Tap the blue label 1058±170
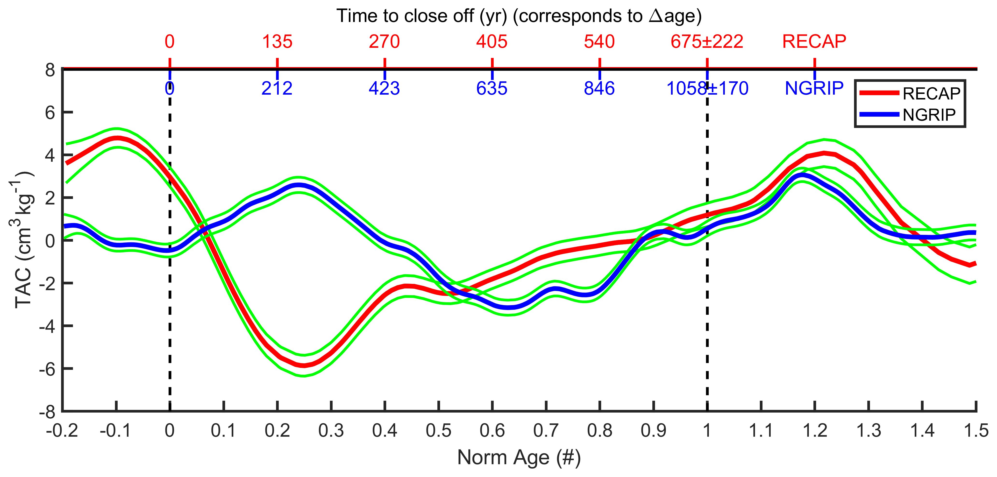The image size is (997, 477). tap(707, 89)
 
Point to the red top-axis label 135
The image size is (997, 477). tap(277, 41)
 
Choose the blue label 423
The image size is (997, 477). tap(384, 89)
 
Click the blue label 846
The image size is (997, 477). tap(599, 89)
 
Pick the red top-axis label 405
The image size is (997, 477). tap(491, 41)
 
